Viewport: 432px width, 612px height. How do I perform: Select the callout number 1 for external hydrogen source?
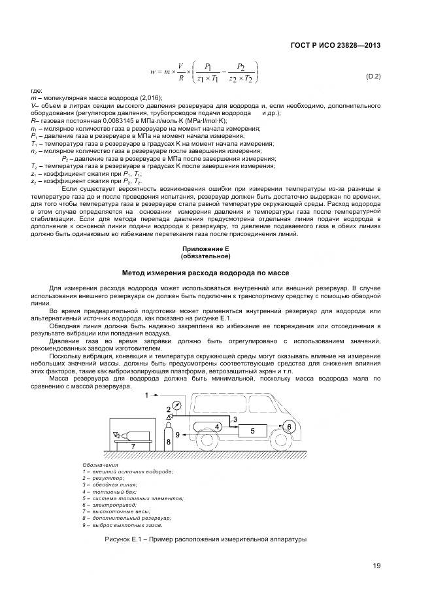pos(148,395)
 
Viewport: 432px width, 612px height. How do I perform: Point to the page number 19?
pos(376,566)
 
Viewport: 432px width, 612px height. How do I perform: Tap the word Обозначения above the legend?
pos(100,465)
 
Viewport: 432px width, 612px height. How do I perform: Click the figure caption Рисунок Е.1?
pos(205,539)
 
